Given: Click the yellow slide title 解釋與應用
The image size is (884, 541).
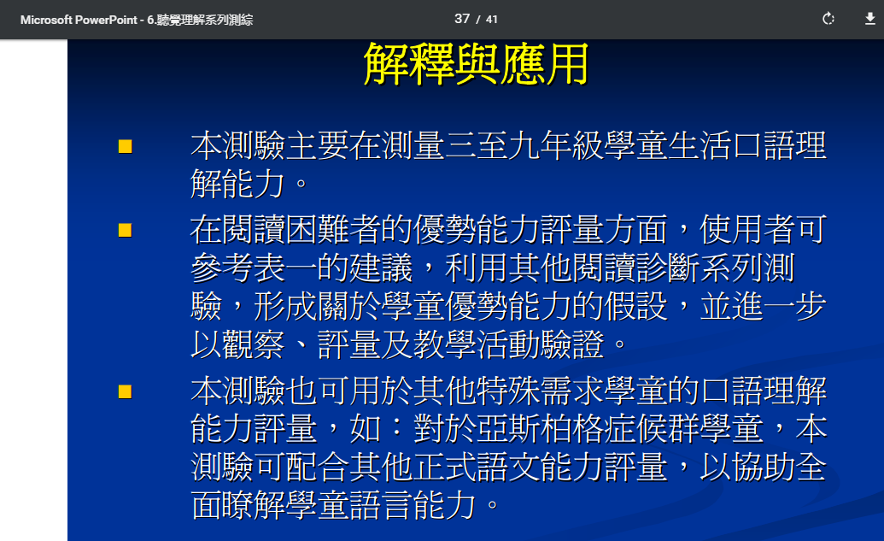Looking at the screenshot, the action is click(x=476, y=64).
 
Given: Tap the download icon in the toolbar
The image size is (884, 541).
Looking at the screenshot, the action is click(x=869, y=19).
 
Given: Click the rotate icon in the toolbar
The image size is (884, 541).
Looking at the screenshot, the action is click(x=828, y=19).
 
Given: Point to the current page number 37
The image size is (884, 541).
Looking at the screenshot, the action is click(x=462, y=19).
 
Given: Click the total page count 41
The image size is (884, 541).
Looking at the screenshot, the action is click(x=492, y=20).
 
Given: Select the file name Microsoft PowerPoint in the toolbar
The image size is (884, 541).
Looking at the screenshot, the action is click(x=79, y=20).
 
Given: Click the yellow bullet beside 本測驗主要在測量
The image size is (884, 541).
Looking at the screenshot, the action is click(x=126, y=147).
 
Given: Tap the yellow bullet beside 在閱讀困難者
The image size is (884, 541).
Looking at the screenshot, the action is click(x=126, y=230).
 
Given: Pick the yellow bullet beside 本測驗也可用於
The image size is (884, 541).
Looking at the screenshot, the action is click(x=126, y=391).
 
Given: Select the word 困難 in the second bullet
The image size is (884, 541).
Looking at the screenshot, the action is click(x=318, y=230).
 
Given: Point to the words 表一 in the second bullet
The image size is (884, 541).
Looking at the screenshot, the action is click(x=285, y=268).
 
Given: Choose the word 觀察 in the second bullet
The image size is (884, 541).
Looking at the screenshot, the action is click(x=254, y=344).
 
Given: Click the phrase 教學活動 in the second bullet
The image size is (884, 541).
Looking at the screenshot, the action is click(x=477, y=344).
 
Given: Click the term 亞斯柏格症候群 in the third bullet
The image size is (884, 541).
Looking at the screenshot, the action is click(x=588, y=429).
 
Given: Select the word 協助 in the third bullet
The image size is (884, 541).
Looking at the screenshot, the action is click(x=764, y=467).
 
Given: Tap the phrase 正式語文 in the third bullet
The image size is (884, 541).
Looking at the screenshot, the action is click(x=477, y=467).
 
